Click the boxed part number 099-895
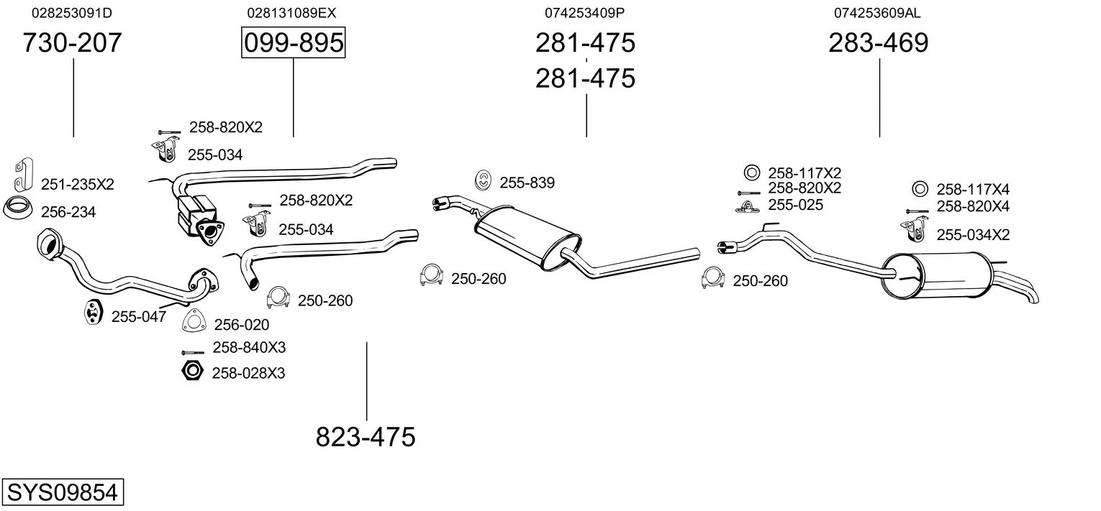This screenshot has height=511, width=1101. [x=294, y=42]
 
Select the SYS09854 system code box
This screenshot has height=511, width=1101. [x=63, y=492]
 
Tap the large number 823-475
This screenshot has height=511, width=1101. [x=366, y=436]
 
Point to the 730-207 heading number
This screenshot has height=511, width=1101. [x=72, y=42]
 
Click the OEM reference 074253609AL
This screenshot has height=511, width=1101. [x=877, y=13]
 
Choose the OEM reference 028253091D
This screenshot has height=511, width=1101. [x=72, y=13]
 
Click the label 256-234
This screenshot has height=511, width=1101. [x=68, y=212]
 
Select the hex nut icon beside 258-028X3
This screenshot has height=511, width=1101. [x=192, y=371]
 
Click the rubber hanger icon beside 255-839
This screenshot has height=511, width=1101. [x=484, y=180]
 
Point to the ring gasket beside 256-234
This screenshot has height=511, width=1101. [x=18, y=208]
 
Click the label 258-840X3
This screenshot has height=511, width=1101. [x=249, y=348]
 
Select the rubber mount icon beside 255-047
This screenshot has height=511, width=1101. [x=93, y=310]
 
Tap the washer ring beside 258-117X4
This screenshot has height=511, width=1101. [x=920, y=189]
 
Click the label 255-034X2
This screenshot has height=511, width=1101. [x=973, y=235]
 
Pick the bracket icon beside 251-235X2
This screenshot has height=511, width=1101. [x=23, y=174]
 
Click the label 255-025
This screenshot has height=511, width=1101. [x=796, y=205]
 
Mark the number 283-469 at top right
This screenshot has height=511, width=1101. [x=879, y=42]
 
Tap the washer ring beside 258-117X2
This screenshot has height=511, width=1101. [x=751, y=172]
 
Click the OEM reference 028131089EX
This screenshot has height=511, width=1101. [x=291, y=13]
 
